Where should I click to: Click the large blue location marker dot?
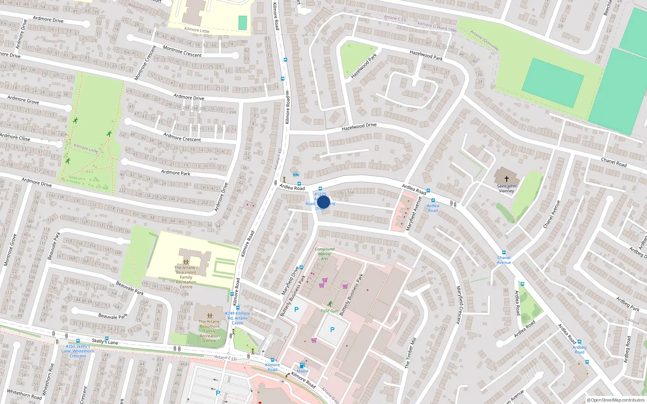(x=323, y=202)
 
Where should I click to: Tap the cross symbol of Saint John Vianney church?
(x=506, y=178)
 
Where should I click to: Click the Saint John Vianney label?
(x=506, y=189)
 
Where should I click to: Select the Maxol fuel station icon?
(x=302, y=365)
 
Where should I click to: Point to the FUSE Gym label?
(x=329, y=311)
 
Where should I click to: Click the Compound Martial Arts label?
(x=324, y=254)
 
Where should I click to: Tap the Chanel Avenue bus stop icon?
(x=503, y=253)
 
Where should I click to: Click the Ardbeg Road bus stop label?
(x=579, y=349)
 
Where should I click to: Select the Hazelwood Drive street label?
(x=359, y=127)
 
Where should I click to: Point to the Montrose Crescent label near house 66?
(x=182, y=51)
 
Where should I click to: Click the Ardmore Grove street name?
(x=23, y=99)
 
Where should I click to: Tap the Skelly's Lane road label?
(x=105, y=341)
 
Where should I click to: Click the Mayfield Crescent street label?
(x=459, y=305)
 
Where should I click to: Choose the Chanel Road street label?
(x=613, y=162)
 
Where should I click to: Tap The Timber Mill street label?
(x=410, y=353)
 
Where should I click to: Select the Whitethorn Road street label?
(x=24, y=394)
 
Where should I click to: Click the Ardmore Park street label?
(x=175, y=173)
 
